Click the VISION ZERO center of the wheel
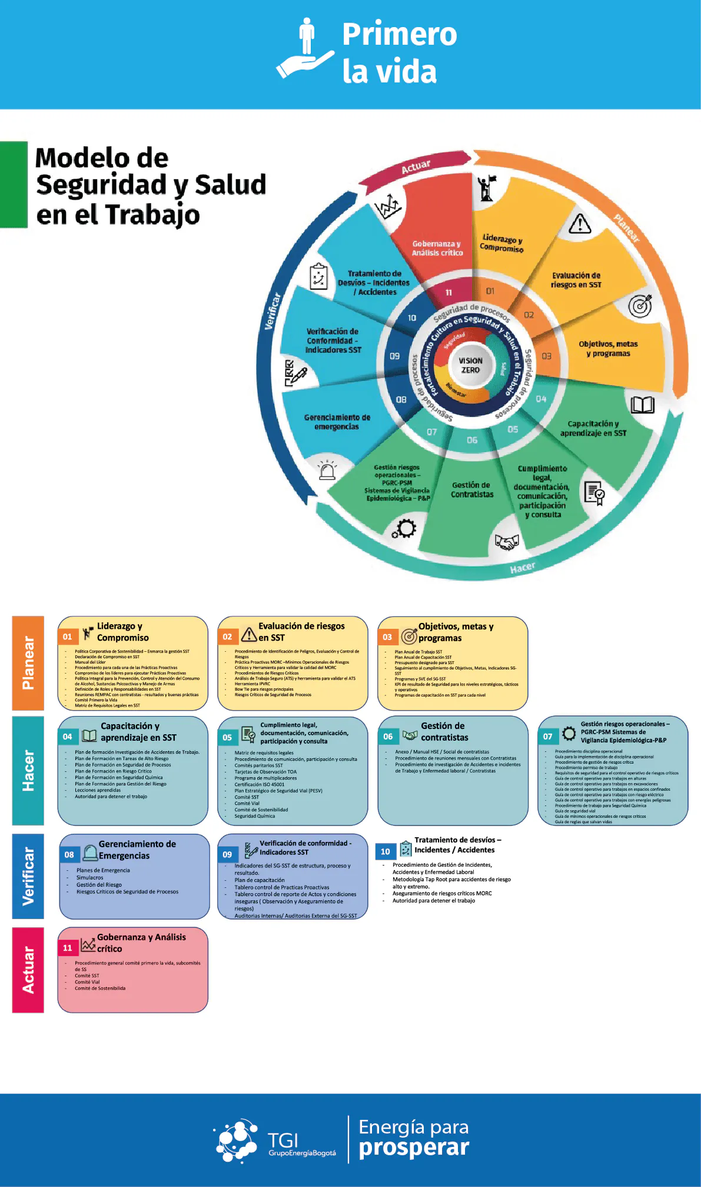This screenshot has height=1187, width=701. coord(470,366)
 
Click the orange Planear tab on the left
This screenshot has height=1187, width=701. coord(28,663)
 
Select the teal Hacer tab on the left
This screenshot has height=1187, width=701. coord(28,770)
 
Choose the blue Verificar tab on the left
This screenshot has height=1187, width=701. coord(28,876)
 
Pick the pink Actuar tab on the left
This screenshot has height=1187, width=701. coord(28,970)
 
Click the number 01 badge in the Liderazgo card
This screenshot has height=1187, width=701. coord(68,636)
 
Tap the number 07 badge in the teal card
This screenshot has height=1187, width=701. coord(547,737)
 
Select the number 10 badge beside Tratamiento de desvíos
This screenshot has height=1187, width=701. coord(386,851)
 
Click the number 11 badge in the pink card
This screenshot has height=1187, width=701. coord(68,948)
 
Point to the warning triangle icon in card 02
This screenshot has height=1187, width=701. coord(249,635)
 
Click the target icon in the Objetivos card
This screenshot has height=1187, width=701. coord(409,636)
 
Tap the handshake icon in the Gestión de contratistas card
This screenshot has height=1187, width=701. coord(410,735)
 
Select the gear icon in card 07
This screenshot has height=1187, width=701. coord(569,734)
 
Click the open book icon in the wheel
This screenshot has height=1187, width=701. coord(642,405)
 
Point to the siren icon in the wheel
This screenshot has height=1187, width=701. coord(327,470)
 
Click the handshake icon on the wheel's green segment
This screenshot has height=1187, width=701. coord(507,542)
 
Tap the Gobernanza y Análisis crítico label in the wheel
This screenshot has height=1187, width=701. coord(437,248)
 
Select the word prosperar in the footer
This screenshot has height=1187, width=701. coord(414,1148)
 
